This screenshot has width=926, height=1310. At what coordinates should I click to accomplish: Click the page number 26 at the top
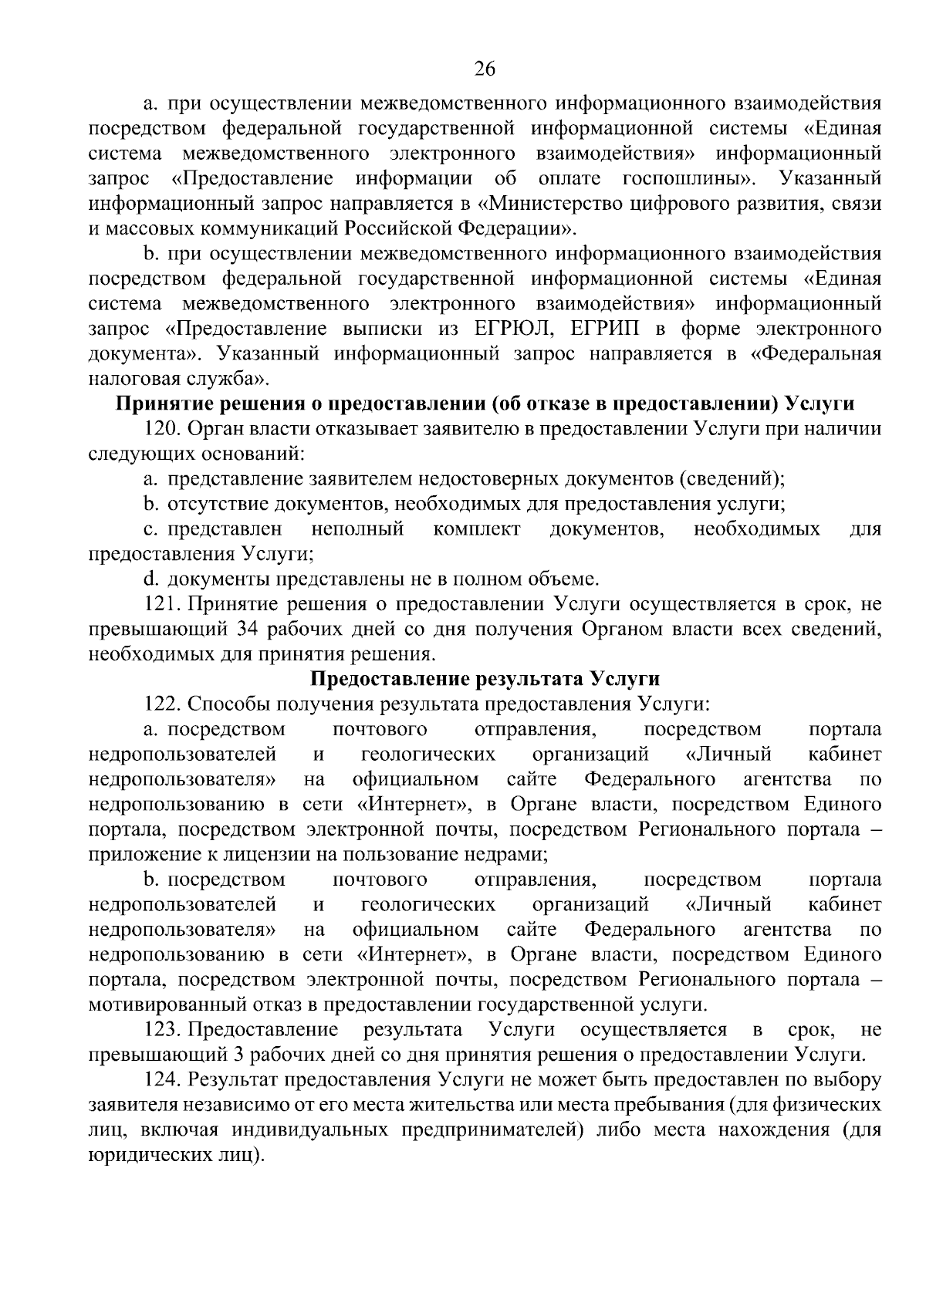[484, 70]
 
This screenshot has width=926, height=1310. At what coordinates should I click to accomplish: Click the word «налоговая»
[127, 380]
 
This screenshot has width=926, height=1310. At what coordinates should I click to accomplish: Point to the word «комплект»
[476, 529]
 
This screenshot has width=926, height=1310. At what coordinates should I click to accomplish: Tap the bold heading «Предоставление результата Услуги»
[485, 679]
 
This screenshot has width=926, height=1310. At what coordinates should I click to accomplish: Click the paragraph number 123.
[163, 1030]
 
